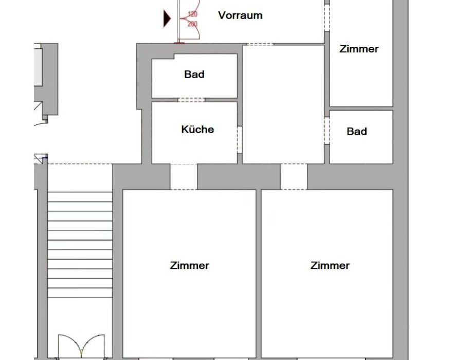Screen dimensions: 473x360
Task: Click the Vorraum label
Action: (240, 15)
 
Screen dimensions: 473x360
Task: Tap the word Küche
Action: (197, 130)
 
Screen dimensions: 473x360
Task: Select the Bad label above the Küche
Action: (194, 74)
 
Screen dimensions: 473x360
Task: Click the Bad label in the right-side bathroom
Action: (357, 131)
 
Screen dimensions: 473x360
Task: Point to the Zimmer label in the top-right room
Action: (359, 49)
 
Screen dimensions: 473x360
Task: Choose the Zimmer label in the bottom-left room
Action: (189, 265)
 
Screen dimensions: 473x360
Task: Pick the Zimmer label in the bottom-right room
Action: (330, 265)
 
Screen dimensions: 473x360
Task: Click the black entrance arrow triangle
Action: (167, 19)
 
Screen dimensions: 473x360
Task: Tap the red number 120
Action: (192, 14)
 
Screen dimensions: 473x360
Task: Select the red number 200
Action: (192, 24)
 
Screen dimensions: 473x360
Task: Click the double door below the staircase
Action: (81, 346)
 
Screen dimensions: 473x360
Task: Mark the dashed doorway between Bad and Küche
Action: (191, 100)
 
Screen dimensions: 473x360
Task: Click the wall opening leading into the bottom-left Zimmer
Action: (184, 177)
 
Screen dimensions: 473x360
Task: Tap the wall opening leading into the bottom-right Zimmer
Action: (294, 177)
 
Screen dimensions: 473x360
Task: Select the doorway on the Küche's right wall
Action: (240, 140)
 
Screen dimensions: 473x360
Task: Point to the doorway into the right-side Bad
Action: (327, 130)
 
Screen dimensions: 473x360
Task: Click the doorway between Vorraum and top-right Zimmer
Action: (327, 17)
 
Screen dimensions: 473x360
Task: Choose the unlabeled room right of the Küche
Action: (283, 105)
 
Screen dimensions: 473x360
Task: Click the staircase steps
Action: (80, 245)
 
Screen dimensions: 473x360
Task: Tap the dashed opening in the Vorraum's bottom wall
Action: (260, 44)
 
